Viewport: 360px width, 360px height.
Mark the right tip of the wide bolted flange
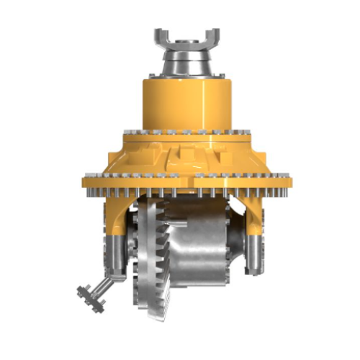[287, 179]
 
